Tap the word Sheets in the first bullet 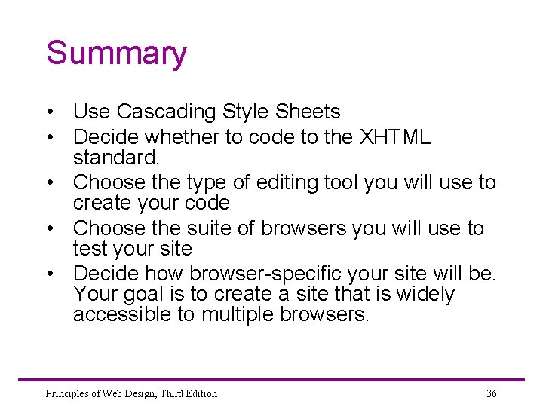click(x=308, y=112)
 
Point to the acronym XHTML click(x=395, y=137)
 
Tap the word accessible click(x=122, y=314)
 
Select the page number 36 click(x=492, y=393)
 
